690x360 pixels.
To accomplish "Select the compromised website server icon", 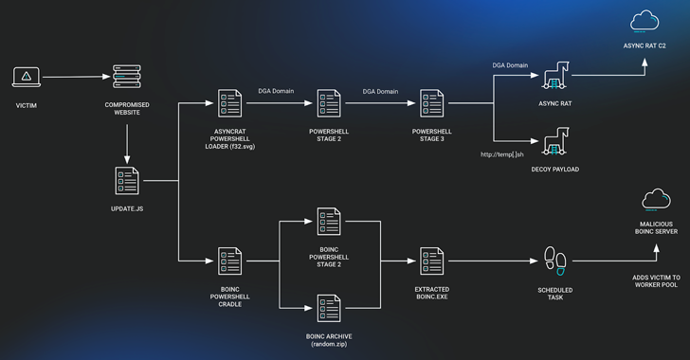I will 126,78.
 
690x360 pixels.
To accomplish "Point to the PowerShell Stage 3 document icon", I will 433,102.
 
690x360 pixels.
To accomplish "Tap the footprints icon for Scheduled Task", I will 552,260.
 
